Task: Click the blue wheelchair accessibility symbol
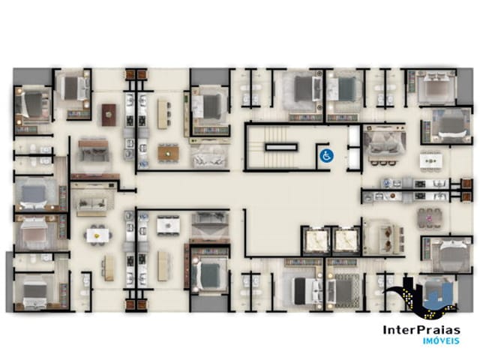326,157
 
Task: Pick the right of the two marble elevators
346,241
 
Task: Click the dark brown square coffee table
109,114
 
